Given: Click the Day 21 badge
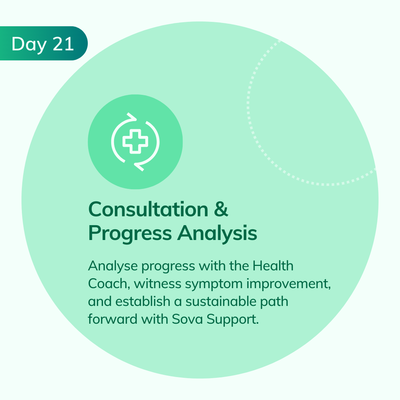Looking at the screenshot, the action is click(x=43, y=43).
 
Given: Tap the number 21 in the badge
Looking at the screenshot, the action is click(x=63, y=44).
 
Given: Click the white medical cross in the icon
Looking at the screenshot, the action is click(x=135, y=141).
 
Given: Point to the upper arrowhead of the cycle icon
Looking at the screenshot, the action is click(x=131, y=116).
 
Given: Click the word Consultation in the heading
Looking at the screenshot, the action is click(x=148, y=209).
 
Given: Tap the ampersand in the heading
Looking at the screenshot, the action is click(x=221, y=209).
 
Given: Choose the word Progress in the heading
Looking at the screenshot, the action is click(x=130, y=234).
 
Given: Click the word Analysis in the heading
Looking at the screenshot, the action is click(x=217, y=233).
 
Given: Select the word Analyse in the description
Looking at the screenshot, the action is click(x=113, y=266).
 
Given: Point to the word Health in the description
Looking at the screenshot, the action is click(x=273, y=266).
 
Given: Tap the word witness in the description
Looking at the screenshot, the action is click(x=158, y=284).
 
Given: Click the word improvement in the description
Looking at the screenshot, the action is click(x=289, y=284).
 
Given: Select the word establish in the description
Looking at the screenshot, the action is click(x=143, y=301).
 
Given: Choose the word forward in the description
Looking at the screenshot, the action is click(x=113, y=319).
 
